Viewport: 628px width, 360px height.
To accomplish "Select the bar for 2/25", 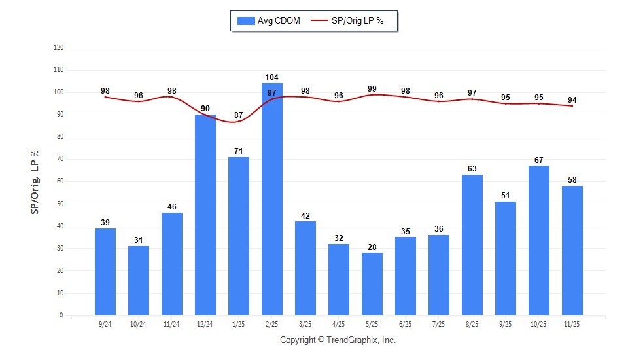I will [272, 199].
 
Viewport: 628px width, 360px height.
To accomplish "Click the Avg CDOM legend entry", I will [269, 21].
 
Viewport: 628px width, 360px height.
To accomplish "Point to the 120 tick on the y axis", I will [59, 48].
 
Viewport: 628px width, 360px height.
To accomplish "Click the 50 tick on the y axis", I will [59, 204].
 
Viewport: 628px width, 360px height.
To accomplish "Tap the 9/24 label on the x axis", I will [105, 324].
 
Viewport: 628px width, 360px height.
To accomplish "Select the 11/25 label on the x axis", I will [572, 324].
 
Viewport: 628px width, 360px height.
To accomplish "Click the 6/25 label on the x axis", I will [406, 324].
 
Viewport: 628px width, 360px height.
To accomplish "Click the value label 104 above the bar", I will [272, 77].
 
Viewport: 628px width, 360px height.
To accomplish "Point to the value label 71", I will [239, 151].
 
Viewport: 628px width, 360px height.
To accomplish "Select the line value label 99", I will [372, 88].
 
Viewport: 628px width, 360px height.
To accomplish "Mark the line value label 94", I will [572, 99].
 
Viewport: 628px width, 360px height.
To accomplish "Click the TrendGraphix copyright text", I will [338, 340].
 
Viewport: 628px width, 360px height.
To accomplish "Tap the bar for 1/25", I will [239, 236].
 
